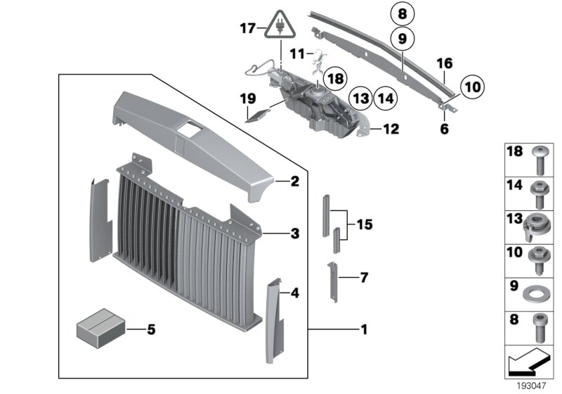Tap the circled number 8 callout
[x=403, y=13]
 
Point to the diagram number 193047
[x=532, y=386]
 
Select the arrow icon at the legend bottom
[x=528, y=364]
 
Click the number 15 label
[x=363, y=226]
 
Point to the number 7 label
[x=363, y=277]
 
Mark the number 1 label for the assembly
[x=363, y=329]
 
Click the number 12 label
[x=391, y=129]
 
